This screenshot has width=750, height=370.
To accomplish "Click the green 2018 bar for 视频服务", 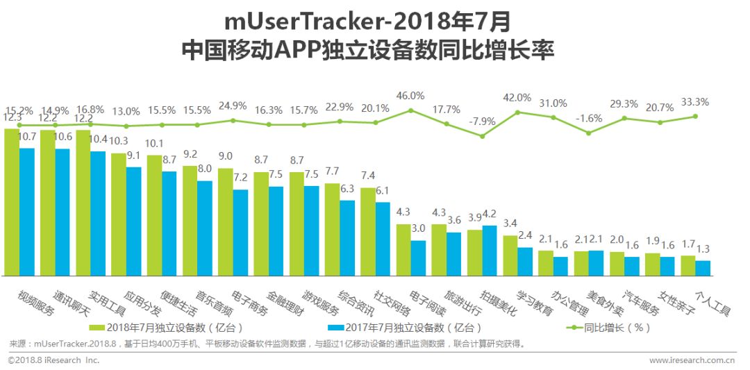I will [12, 201].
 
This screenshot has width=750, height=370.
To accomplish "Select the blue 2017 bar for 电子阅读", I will [418, 258].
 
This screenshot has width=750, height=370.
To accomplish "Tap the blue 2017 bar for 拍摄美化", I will [490, 250].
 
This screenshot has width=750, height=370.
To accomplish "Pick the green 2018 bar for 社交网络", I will [367, 231].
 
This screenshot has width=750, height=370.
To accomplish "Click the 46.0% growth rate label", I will [410, 96].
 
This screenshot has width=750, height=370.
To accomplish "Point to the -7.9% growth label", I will [482, 122].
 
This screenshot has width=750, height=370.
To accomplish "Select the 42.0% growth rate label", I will [517, 98].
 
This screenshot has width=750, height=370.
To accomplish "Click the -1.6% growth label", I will [588, 118].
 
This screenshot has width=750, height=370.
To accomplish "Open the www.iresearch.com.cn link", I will [691, 360].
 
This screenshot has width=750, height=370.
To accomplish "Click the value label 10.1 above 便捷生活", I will [153, 144].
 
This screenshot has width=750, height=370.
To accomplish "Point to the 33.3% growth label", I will [694, 102].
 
